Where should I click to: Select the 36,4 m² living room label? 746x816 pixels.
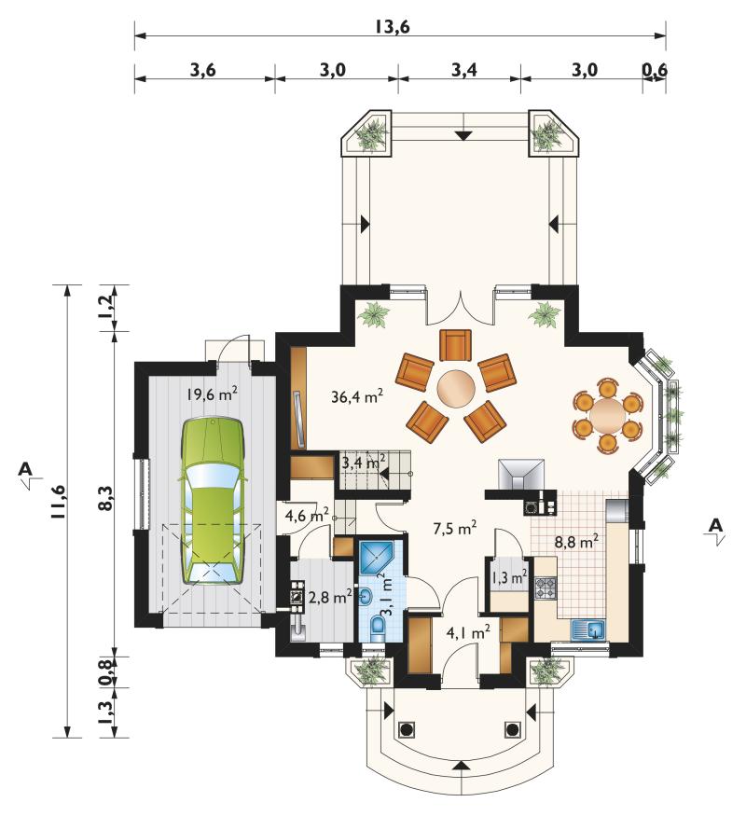tap(357, 396)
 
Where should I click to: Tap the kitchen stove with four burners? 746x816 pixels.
tap(546, 588)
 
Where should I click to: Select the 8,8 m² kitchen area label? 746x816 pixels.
tap(576, 542)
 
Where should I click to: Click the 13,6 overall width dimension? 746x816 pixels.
tap(393, 26)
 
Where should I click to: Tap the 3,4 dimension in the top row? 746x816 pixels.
tap(464, 69)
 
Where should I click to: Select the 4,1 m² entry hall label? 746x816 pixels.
tap(468, 633)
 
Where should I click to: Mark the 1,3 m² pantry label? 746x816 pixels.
tap(509, 576)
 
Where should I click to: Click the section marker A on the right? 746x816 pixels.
tap(716, 526)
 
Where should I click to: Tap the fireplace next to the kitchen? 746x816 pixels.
tap(520, 475)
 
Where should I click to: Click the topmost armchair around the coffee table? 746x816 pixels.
tap(455, 344)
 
